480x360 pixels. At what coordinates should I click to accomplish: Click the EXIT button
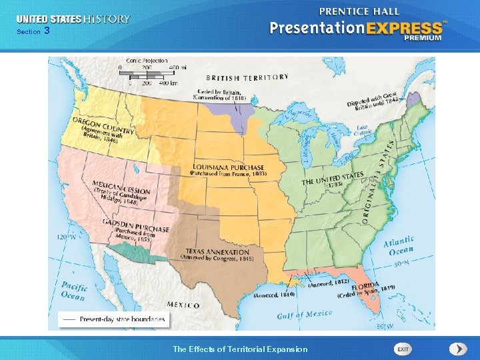point(403,349)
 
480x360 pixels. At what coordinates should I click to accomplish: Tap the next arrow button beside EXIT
point(458,349)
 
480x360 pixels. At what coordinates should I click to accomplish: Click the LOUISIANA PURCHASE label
point(229,167)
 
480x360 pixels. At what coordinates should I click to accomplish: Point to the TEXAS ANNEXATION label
point(217,253)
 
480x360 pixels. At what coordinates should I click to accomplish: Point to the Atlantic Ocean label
point(399,245)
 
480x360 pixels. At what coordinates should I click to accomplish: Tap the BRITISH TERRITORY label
point(247,77)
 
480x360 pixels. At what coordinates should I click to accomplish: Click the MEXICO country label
point(183,305)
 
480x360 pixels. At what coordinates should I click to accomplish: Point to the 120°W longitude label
point(66,237)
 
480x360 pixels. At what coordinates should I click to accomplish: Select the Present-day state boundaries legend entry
point(113,319)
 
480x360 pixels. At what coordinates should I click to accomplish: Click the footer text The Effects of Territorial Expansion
point(240,349)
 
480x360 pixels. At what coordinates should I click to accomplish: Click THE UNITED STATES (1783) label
point(333,179)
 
